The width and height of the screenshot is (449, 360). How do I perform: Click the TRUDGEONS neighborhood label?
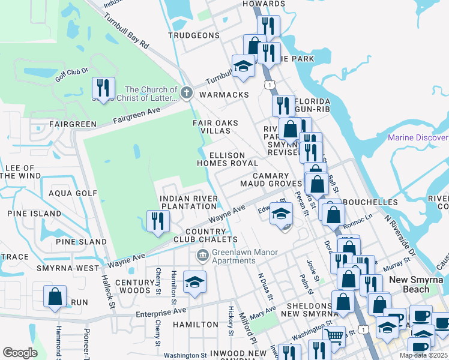tap(194, 35)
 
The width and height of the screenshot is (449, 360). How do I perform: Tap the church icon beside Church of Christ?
tap(187, 93)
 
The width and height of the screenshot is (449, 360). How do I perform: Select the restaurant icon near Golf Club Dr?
tap(103, 88)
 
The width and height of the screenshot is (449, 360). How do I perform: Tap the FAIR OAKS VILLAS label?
tap(215, 127)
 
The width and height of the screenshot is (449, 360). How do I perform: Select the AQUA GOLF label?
tap(73, 193)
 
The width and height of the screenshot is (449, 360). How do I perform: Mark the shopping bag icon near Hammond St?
tap(55, 296)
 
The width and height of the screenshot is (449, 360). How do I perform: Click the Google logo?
tap(20, 353)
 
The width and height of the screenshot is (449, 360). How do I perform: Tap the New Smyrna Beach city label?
tap(418, 284)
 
